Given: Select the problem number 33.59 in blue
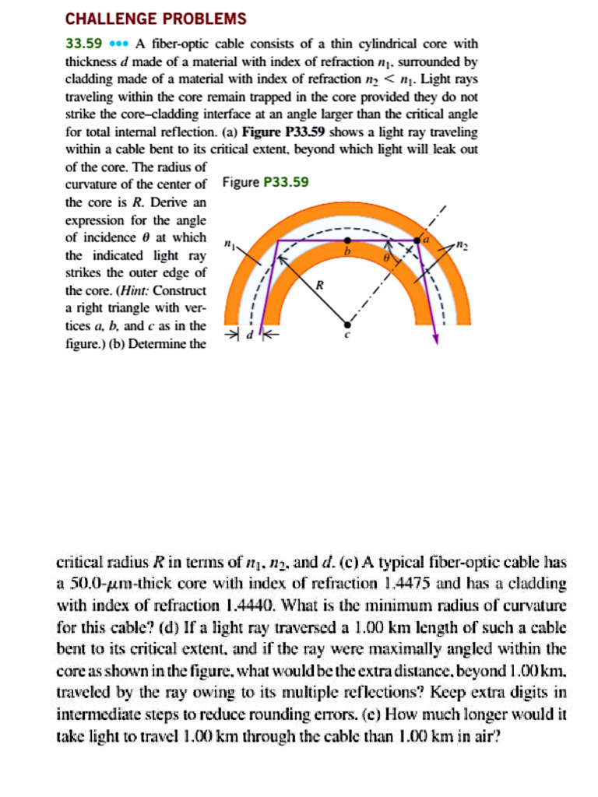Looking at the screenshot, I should point(80,44).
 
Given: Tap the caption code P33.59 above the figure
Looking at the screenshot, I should point(287,183).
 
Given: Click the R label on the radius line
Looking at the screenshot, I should point(318,286).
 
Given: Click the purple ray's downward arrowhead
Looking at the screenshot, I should point(436,337).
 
